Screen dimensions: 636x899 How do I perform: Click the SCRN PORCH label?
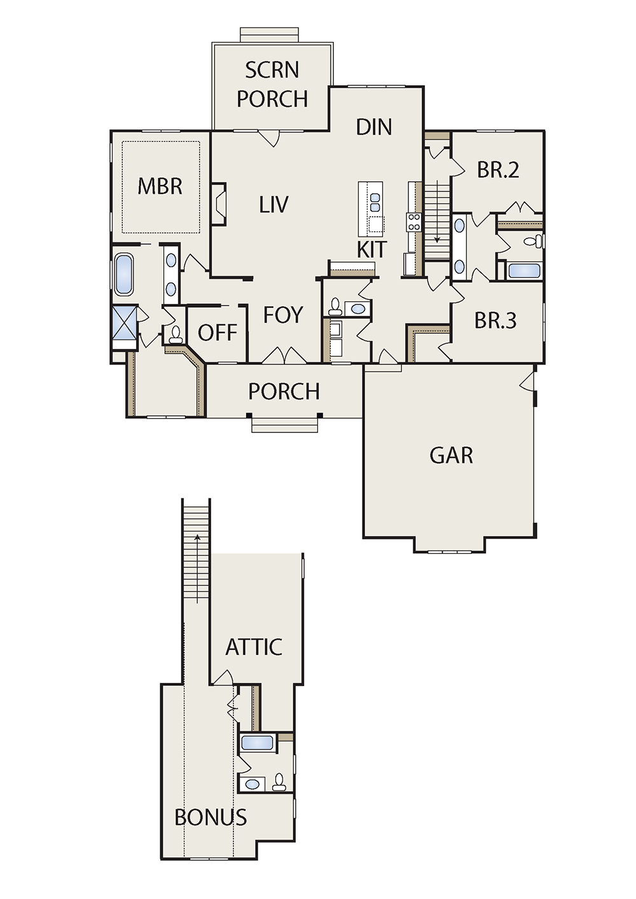click(272, 85)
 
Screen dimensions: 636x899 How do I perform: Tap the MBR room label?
click(160, 186)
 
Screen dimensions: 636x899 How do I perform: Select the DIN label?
click(374, 127)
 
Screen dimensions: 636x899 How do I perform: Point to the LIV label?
click(273, 204)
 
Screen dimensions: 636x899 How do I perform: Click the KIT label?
click(372, 249)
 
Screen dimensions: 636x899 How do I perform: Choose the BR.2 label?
click(498, 170)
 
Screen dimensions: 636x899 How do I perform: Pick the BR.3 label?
click(495, 320)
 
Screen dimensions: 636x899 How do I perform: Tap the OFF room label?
click(218, 333)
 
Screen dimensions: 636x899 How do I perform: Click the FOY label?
click(282, 315)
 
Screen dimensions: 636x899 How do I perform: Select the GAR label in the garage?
click(452, 455)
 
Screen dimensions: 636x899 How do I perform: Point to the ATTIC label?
click(253, 647)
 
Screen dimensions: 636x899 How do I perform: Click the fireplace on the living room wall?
click(219, 204)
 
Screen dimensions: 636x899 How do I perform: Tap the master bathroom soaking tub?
click(124, 275)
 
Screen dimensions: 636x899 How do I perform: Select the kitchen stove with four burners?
click(415, 222)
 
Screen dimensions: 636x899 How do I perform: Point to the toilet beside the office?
click(175, 335)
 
